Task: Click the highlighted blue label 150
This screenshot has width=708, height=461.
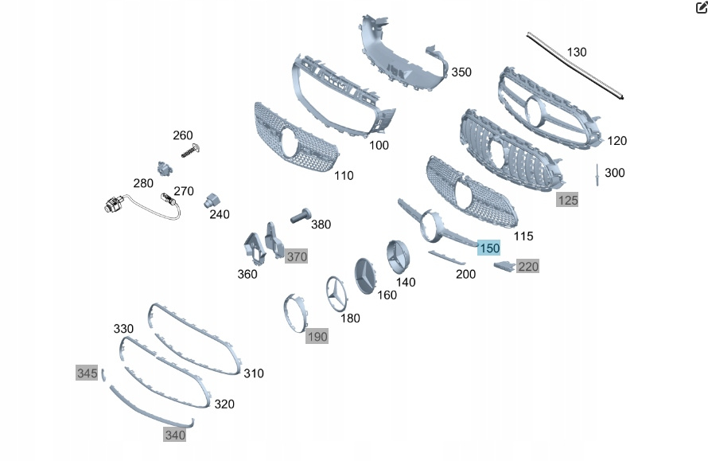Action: coord(489,248)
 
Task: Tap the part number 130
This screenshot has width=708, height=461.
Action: coord(577,52)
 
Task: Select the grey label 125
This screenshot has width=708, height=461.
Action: coord(567,200)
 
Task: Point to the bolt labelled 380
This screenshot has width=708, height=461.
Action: coord(299,216)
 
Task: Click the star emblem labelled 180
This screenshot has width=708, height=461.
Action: coord(336,293)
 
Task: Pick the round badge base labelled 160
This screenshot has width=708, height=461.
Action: coord(367,275)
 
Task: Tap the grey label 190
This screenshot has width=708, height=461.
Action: coord(317,337)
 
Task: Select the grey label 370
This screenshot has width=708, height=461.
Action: coord(296,256)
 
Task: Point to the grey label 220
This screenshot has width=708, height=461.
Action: coord(528,266)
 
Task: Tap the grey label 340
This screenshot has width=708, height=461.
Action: coord(174,435)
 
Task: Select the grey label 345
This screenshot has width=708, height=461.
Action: coord(87,373)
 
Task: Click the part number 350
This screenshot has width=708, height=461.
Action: coord(461,72)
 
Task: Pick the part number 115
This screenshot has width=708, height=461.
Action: coord(523,236)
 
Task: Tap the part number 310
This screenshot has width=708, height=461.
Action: coord(254,373)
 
